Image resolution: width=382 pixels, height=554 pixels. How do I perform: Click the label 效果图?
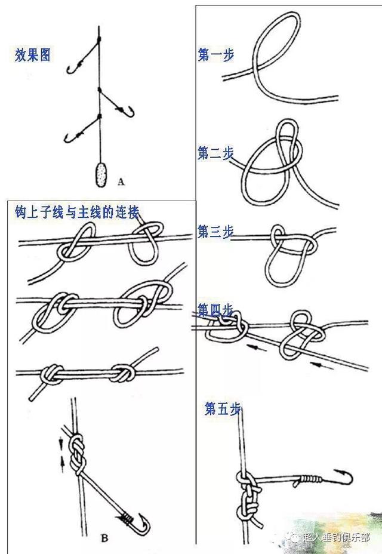pos(33,56)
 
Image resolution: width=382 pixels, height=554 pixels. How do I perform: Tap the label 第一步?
pos(215,55)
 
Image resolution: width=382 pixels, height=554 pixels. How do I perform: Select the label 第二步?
pos(215,153)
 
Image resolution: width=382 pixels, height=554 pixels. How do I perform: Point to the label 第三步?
pos(215,232)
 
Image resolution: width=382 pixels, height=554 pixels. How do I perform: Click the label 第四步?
pos(215,310)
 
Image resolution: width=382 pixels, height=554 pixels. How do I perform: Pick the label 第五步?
pos(222,409)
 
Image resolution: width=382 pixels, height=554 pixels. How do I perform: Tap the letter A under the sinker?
pos(121,179)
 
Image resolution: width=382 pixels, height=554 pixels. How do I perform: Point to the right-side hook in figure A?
pos(125,110)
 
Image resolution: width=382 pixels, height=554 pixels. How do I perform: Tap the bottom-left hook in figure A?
pos(68,138)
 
